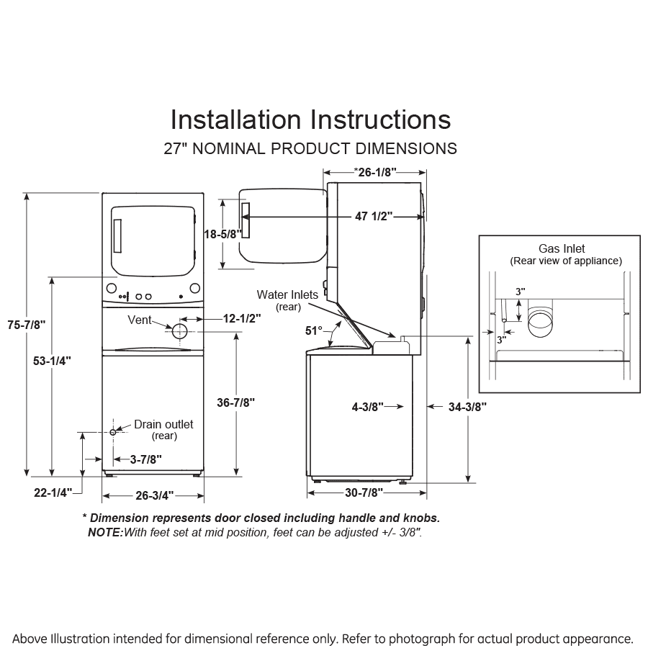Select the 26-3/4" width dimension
coord(153,495)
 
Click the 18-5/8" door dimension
coord(222,234)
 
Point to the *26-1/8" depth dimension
coord(374,171)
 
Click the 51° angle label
coord(314,330)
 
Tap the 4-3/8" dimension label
coord(367,407)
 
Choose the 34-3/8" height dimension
coord(467,407)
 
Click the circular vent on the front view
coord(179,330)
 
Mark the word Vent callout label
coord(139,319)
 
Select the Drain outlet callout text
coord(163,425)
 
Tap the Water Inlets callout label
coord(287,295)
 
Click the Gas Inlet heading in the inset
coord(562,249)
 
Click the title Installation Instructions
coord(310,119)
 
